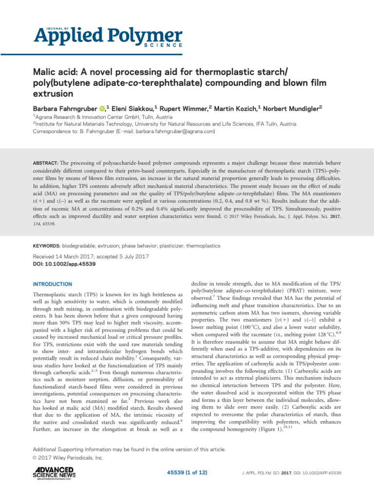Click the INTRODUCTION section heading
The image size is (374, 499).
pyautogui.click(x=52, y=284)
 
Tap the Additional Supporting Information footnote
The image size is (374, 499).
pyautogui.click(x=129, y=449)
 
